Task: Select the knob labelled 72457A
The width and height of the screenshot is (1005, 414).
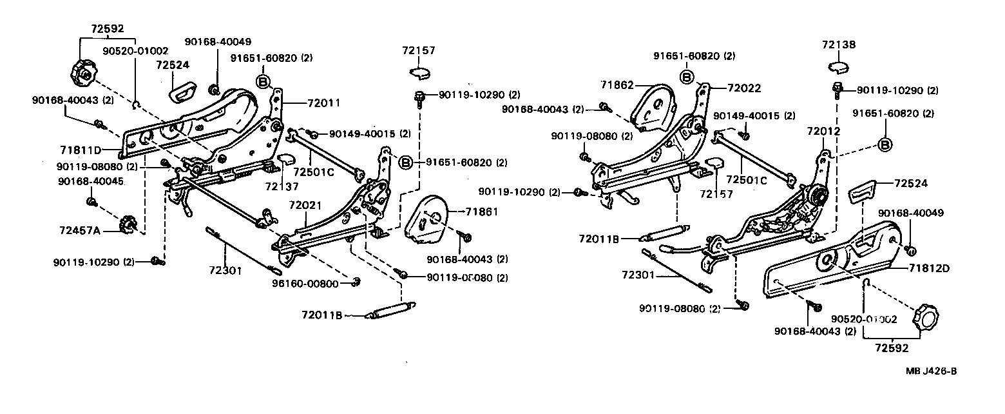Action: click(128, 224)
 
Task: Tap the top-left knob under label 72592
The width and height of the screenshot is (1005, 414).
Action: click(82, 73)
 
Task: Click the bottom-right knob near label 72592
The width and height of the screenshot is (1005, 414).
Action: click(925, 319)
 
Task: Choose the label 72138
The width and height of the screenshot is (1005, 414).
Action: click(838, 44)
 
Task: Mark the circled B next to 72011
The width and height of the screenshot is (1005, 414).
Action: click(263, 81)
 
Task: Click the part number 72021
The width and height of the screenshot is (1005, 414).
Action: click(304, 205)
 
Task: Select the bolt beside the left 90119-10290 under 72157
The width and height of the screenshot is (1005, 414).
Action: click(419, 97)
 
